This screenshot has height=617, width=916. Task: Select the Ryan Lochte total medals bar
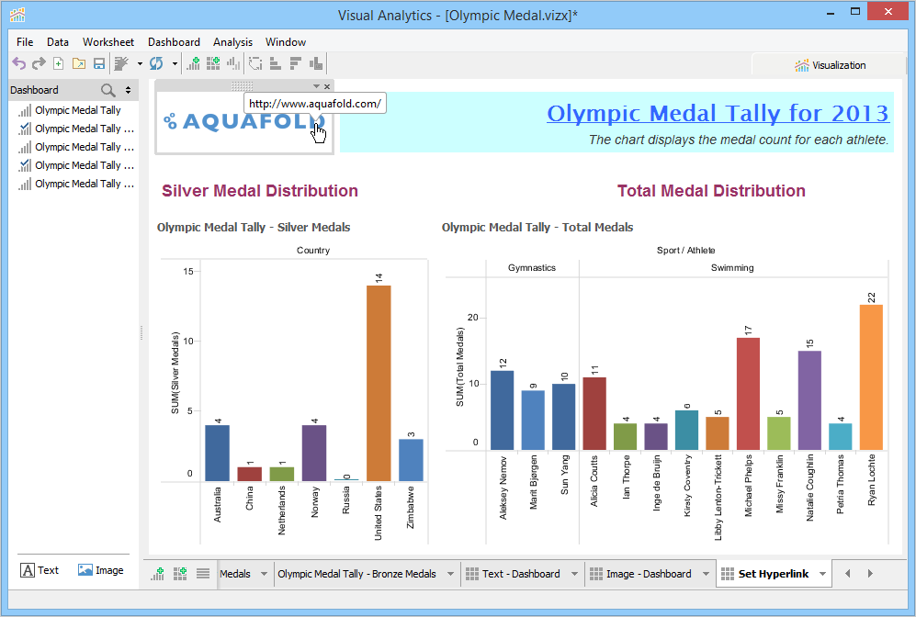(x=871, y=377)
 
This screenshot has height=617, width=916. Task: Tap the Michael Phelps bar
(x=748, y=394)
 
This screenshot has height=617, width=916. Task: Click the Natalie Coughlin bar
(x=809, y=400)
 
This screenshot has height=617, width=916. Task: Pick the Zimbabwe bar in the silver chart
(x=411, y=459)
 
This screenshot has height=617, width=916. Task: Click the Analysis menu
(x=232, y=42)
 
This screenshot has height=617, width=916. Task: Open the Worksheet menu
(x=108, y=42)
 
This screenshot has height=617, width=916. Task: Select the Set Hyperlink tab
(x=773, y=574)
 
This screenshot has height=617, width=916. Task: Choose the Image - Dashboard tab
(x=648, y=574)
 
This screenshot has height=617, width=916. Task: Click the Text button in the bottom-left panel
(x=40, y=570)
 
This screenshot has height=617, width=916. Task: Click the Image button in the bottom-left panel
(x=100, y=570)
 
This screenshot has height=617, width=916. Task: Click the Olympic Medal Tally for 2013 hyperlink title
(x=718, y=113)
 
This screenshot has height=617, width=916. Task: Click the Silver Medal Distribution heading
(x=260, y=191)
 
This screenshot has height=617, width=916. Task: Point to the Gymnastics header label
(x=532, y=268)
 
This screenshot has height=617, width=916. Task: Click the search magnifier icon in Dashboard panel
(x=108, y=90)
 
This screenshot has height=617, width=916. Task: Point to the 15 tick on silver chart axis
(x=187, y=271)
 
